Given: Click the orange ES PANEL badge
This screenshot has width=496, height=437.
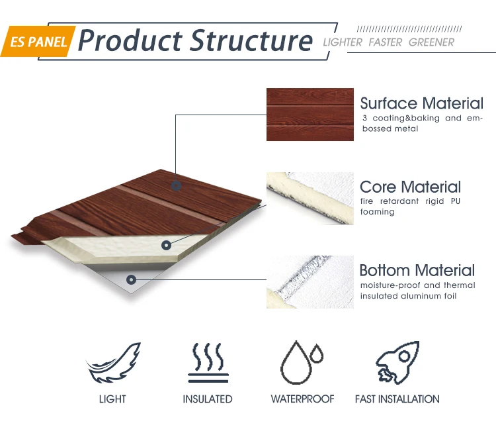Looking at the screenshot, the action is click(38, 41).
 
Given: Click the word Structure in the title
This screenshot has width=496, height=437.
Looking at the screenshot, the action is click(251, 40).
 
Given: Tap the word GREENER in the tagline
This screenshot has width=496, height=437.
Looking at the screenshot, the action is click(431, 42).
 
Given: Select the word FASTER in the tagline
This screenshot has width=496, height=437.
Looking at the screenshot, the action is click(386, 42).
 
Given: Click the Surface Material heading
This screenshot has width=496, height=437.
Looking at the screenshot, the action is click(422, 103).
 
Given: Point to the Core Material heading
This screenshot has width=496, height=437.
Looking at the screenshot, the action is click(410, 187).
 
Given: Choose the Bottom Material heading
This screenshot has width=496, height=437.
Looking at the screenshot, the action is click(417, 270).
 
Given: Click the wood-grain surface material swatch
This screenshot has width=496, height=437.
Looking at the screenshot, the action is click(310, 115).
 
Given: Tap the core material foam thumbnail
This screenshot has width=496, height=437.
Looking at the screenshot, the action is click(310, 199).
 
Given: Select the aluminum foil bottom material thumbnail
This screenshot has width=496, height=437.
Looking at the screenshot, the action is click(310, 282).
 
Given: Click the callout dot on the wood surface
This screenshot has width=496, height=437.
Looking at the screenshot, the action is click(176, 185).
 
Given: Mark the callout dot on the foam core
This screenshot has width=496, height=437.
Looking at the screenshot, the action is click(166, 245).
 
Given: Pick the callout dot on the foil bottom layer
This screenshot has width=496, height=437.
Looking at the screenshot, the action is click(132, 279).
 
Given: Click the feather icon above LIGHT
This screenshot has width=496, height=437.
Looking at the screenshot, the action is click(113, 363).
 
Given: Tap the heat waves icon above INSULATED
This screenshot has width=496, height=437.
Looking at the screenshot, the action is click(208, 363).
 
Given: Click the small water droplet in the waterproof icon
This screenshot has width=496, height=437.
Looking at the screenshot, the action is click(316, 354).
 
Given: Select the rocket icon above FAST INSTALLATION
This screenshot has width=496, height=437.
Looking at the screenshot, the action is click(397, 363).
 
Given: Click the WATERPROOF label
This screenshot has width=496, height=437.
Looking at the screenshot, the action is click(302, 399).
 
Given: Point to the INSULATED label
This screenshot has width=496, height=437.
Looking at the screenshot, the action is click(208, 399).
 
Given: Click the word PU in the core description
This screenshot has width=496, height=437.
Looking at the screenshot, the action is click(456, 201).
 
